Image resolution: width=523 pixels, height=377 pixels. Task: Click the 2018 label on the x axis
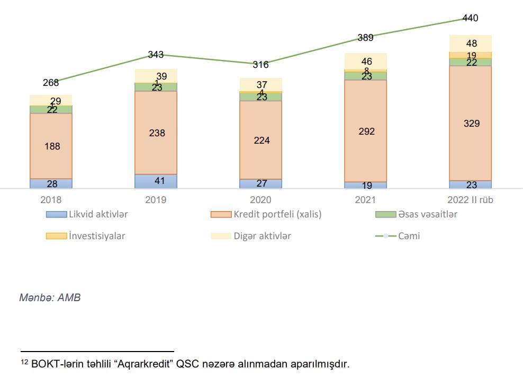tap(51, 200)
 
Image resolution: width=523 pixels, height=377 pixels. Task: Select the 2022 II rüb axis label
tap(470, 200)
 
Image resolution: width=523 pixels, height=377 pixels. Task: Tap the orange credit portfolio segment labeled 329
tap(471, 124)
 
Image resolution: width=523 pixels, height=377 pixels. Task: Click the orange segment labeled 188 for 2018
tap(51, 146)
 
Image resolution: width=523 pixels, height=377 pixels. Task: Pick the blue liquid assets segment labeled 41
tap(156, 181)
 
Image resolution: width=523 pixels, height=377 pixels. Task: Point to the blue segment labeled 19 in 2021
tap(366, 185)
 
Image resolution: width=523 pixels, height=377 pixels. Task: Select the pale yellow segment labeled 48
tap(471, 43)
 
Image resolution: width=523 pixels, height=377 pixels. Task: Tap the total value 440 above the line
tap(470, 18)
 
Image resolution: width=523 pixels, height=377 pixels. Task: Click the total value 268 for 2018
tap(51, 82)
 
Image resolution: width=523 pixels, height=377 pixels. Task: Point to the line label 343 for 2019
tap(156, 54)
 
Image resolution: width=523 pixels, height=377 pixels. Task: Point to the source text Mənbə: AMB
tap(50, 297)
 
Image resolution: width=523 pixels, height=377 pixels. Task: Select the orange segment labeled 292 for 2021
tap(366, 131)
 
